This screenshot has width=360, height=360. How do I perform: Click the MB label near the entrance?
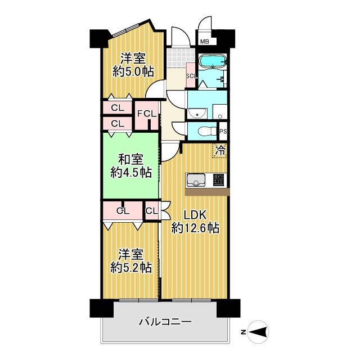(x=204, y=42)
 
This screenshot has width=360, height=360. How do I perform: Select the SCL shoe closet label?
(x=191, y=76)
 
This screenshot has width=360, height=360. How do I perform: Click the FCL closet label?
(x=147, y=113)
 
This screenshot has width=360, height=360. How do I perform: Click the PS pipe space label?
(x=223, y=132)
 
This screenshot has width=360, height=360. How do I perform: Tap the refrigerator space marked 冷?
(x=220, y=150)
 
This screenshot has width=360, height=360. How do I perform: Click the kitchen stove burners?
(x=219, y=180)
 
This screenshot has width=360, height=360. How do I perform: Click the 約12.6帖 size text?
(x=195, y=228)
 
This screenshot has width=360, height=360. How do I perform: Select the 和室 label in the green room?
(x=130, y=159)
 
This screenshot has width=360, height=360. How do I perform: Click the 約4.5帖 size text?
(x=130, y=173)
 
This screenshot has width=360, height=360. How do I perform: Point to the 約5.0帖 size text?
(x=134, y=71)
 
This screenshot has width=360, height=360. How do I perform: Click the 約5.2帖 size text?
(x=131, y=268)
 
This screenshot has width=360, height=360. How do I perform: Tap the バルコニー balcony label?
(x=165, y=322)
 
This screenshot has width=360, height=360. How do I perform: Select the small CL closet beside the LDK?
(x=152, y=211)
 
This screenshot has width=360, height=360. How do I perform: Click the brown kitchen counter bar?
(x=206, y=192)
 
